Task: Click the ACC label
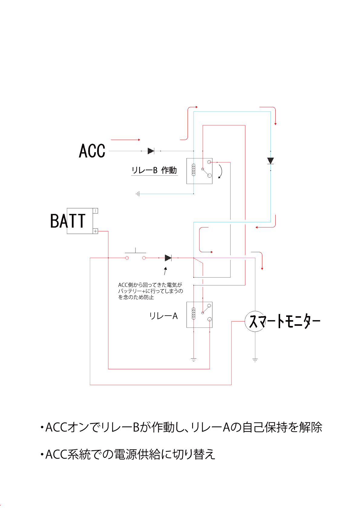click(x=92, y=151)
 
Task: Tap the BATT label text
click(x=68, y=221)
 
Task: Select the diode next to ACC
click(x=151, y=151)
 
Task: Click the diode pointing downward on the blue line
click(x=270, y=161)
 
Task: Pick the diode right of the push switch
click(x=168, y=258)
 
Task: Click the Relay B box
click(x=199, y=171)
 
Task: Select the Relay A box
click(x=199, y=314)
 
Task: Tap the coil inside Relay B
click(x=194, y=170)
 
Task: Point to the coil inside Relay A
click(x=194, y=313)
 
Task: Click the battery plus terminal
click(x=95, y=231)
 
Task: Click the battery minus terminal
click(x=95, y=210)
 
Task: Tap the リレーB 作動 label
click(x=154, y=171)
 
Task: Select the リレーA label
click(x=163, y=316)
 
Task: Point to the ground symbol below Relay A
click(x=194, y=360)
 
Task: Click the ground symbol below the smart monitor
click(x=255, y=360)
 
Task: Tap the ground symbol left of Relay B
click(x=138, y=194)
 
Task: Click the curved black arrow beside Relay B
click(x=221, y=171)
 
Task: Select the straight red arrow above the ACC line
click(x=125, y=140)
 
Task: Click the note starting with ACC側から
click(x=150, y=291)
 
